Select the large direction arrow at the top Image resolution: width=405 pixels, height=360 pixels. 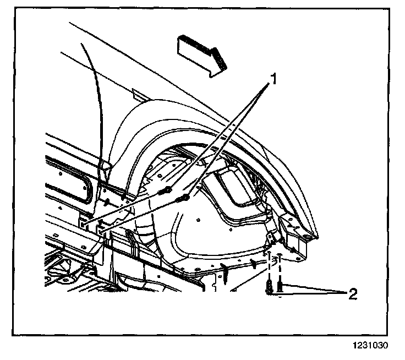[201, 52]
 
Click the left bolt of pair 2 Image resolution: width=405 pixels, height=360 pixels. [270, 287]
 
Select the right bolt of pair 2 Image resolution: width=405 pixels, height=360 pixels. [280, 286]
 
